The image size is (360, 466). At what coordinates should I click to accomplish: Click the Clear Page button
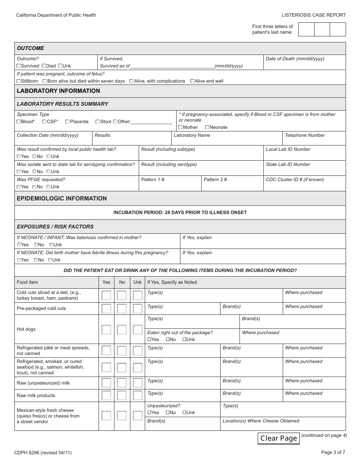279,438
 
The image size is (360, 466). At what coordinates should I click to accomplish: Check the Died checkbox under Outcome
44,66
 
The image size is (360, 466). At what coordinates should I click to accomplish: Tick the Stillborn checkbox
19,81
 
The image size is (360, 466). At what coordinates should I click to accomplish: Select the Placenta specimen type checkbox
67,122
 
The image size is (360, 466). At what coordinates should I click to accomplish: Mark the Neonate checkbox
207,127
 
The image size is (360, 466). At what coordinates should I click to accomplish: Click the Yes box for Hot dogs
106,329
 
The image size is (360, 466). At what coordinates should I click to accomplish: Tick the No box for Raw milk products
122,396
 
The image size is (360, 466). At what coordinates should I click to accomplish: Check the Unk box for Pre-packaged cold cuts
138,308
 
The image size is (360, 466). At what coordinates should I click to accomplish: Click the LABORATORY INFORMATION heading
58,91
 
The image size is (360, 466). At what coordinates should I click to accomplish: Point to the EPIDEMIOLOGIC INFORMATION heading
62,199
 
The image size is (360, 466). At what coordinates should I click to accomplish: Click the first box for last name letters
306,30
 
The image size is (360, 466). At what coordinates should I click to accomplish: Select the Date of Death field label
295,59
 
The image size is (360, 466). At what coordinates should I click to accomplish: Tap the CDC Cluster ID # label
294,180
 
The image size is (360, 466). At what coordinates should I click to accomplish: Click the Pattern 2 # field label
215,180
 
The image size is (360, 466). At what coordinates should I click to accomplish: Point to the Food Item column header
27,282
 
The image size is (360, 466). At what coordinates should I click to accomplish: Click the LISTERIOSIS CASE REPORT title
314,15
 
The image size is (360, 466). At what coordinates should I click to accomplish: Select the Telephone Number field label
305,135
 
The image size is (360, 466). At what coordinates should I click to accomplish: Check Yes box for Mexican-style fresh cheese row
106,416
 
